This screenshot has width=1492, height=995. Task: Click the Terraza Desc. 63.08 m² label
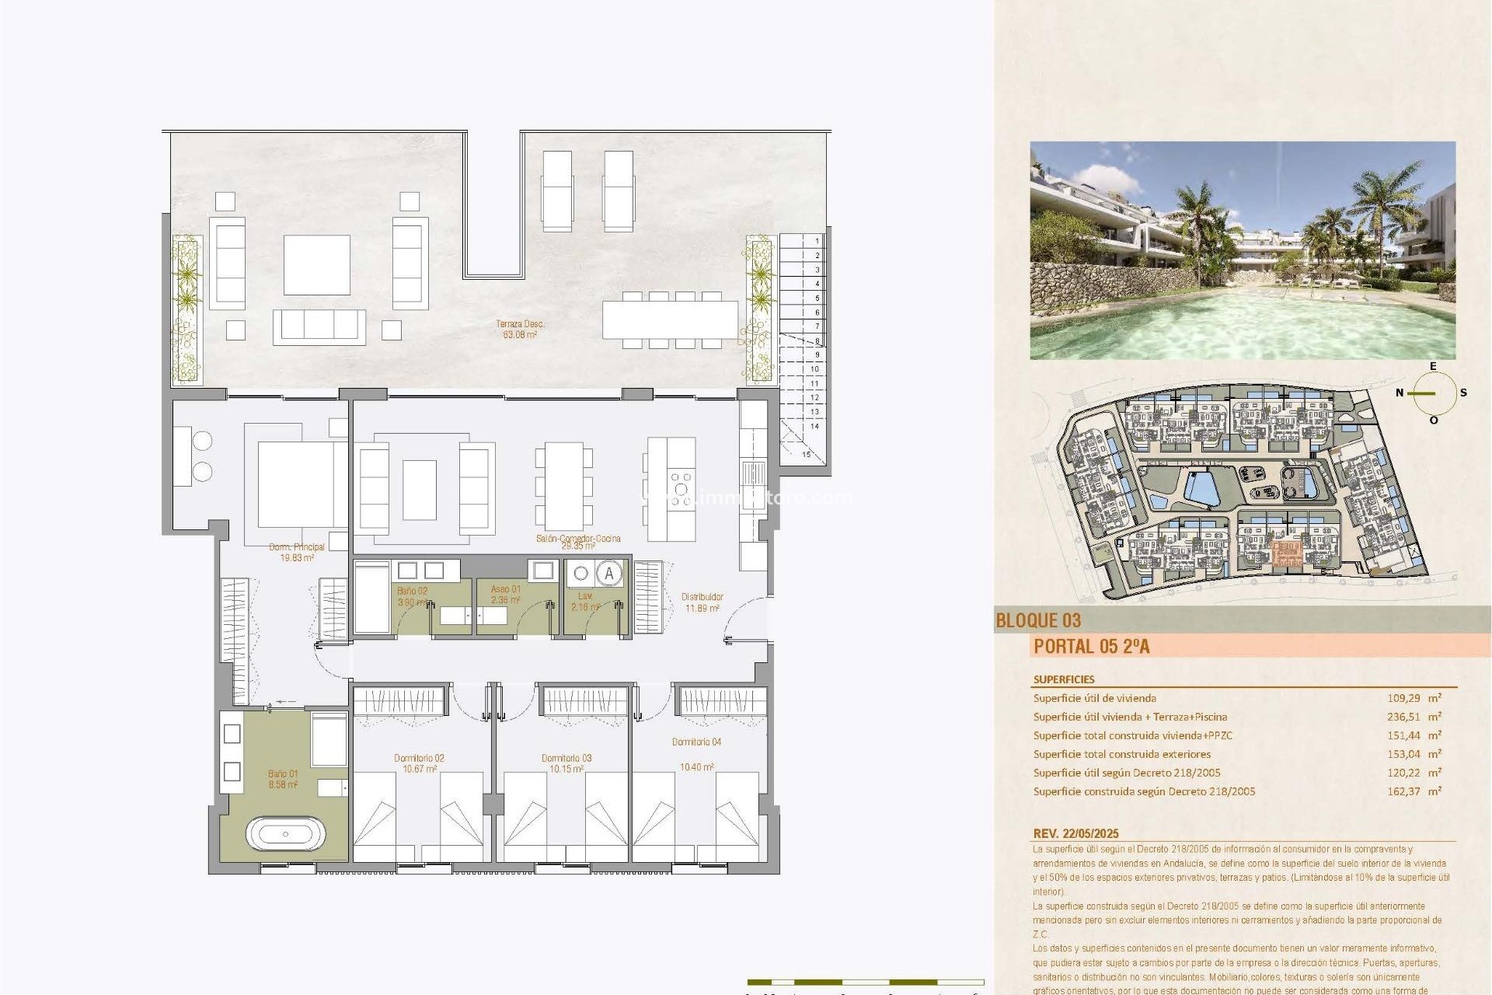click(x=520, y=330)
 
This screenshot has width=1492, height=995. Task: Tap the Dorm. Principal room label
click(x=297, y=552)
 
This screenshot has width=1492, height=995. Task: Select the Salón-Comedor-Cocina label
click(x=578, y=541)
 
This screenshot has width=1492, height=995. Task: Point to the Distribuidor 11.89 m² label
click(x=702, y=602)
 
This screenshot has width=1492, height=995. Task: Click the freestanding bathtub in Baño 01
click(x=285, y=834)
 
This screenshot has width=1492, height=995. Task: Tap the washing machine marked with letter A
click(x=609, y=574)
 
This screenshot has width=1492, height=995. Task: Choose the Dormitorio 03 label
click(x=566, y=763)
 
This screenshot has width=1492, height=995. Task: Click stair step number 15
click(x=806, y=454)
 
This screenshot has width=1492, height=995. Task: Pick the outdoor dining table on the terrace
click(x=670, y=319)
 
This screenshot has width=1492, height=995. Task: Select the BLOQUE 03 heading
click(x=1038, y=620)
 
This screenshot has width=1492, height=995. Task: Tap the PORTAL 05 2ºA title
click(x=1091, y=646)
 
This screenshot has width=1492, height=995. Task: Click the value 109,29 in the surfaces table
click(x=1404, y=698)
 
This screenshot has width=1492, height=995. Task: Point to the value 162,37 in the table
click(x=1404, y=791)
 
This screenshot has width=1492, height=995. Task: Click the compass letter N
click(x=1400, y=393)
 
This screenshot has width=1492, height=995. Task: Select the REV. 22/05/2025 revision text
click(x=1075, y=833)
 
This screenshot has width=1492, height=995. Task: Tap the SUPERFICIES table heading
click(x=1064, y=679)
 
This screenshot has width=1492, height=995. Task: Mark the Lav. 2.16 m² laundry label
click(x=585, y=602)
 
